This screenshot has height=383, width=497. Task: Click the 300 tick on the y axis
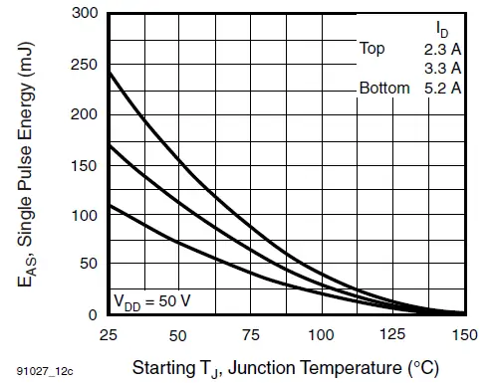(84, 14)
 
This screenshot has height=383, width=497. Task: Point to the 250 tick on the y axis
(84, 65)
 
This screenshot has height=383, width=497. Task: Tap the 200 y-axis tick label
(84, 114)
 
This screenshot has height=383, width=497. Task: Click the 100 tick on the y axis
(84, 215)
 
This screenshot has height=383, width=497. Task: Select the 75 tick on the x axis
(250, 334)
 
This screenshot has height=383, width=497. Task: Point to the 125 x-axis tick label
(393, 334)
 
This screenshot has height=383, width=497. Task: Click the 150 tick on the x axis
(465, 334)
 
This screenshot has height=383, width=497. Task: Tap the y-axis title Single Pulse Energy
(30, 165)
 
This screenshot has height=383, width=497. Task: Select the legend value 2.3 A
(440, 47)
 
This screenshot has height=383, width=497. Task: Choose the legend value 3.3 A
(440, 68)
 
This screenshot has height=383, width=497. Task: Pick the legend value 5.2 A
(440, 88)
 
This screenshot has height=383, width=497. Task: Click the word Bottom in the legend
(384, 88)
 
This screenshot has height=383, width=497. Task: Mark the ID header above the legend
(442, 25)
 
